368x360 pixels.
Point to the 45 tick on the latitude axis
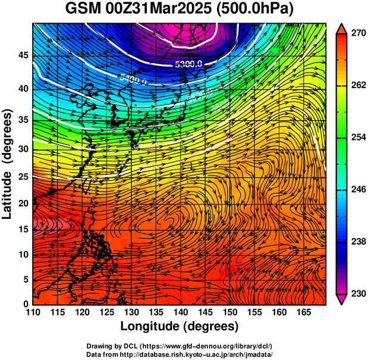[x=23, y=55]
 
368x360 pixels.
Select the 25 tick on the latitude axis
[x=23, y=177]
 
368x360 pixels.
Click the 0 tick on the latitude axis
[x=26, y=303]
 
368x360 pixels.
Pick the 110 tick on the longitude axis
[x=33, y=312]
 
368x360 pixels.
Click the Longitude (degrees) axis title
[x=179, y=326]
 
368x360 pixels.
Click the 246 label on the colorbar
[x=357, y=190]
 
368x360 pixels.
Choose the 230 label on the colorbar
[x=357, y=293]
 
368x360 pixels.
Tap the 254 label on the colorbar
[x=357, y=138]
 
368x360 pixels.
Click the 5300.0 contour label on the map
[x=188, y=64]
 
